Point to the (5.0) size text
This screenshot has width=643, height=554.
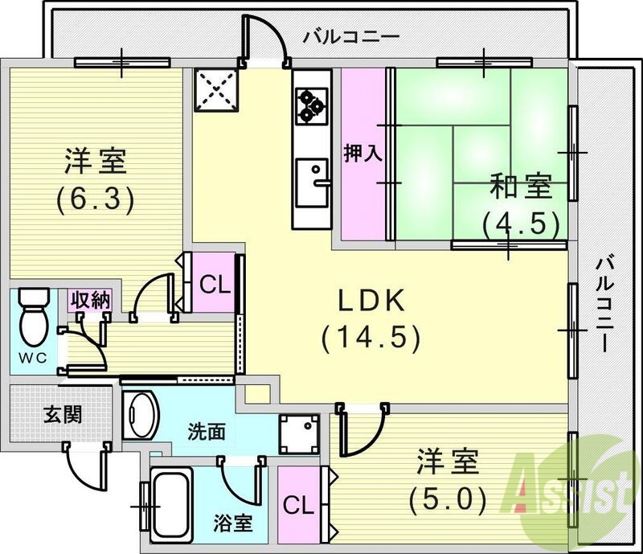447,500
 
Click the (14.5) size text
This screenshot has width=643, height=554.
371,339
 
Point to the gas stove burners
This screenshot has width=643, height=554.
311,105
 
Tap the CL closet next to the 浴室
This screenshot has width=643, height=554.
298,505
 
